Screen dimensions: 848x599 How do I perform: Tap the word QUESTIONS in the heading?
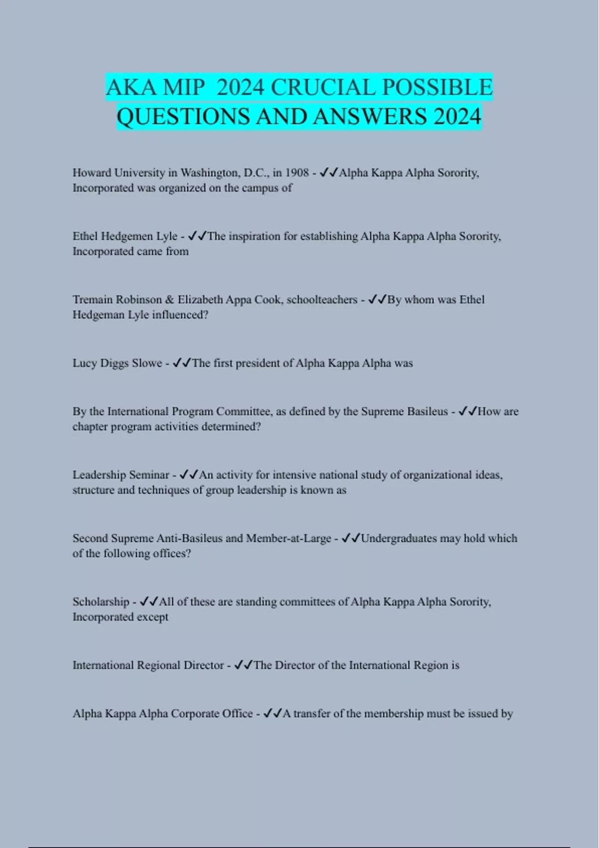[x=183, y=117]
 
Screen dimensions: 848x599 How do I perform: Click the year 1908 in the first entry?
[x=297, y=173]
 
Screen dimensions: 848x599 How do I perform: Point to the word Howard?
[x=92, y=173]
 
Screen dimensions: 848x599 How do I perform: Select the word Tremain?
[x=92, y=299]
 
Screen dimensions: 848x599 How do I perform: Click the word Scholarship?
[x=101, y=602]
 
